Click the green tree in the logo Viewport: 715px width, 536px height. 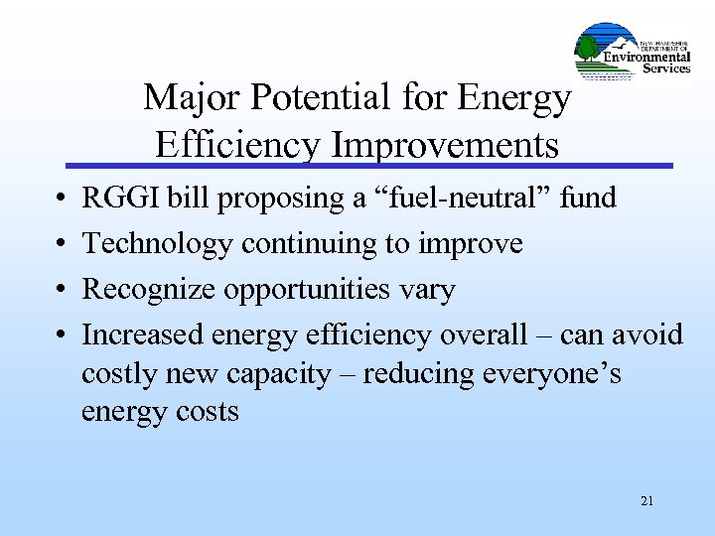(x=588, y=47)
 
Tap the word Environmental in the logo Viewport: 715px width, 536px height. (x=647, y=57)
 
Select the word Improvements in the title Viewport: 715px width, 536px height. (x=446, y=145)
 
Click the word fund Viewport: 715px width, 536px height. (x=588, y=199)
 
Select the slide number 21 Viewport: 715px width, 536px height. (x=646, y=501)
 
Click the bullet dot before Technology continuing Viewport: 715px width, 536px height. (x=63, y=244)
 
